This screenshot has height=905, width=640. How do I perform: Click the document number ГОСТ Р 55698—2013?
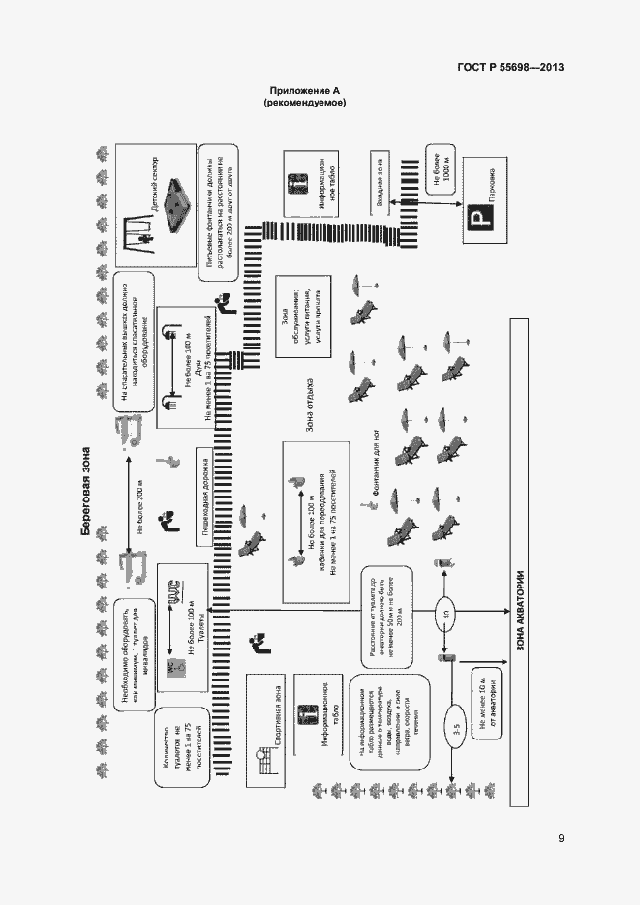coord(510,68)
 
